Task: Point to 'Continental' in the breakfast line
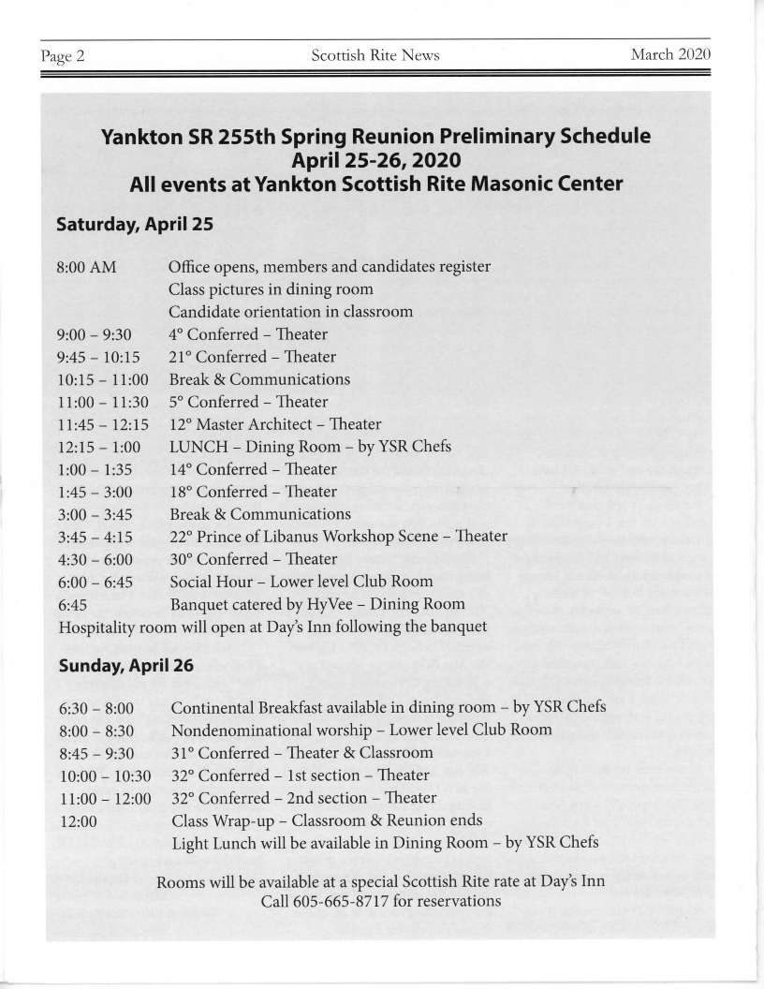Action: pyautogui.click(x=213, y=707)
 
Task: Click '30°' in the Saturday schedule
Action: pyautogui.click(x=182, y=559)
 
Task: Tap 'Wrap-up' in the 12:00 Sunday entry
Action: pyautogui.click(x=244, y=819)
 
